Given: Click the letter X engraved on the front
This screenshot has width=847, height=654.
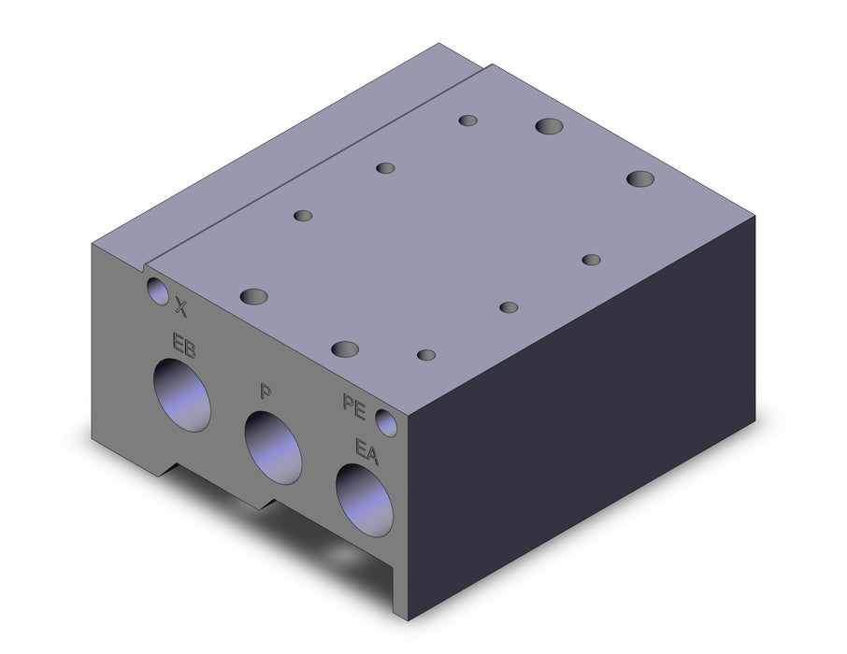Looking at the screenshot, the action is [x=181, y=308].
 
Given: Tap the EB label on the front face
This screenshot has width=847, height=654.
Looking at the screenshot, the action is [x=183, y=347].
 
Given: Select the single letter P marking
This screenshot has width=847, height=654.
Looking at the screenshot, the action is [x=265, y=391].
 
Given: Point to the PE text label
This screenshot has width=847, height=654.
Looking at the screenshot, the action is [x=353, y=406].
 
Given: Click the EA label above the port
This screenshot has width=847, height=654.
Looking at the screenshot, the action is [x=366, y=451].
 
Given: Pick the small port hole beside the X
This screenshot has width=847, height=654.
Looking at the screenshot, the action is [x=158, y=291].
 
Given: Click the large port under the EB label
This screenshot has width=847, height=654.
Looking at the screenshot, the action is [x=181, y=395].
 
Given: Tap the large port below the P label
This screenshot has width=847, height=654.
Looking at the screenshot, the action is [x=273, y=448].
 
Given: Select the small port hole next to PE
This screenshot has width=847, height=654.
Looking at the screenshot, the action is [x=386, y=422].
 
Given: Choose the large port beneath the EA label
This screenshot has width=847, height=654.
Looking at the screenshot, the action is [x=364, y=500].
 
